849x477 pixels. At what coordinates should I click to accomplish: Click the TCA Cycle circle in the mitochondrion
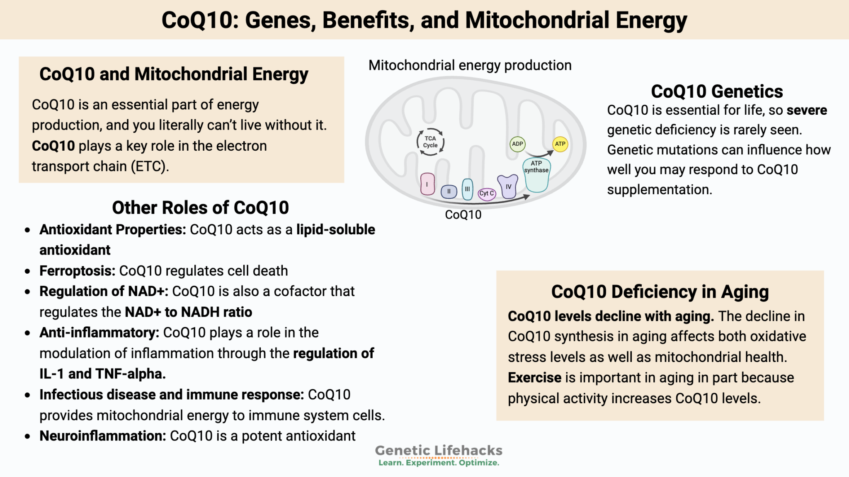(430, 142)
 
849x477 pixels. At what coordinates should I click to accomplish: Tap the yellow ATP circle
(560, 144)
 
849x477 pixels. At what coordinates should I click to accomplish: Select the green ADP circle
(517, 144)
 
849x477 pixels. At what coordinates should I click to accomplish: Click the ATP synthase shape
(536, 176)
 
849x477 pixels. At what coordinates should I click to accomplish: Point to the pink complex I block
(427, 184)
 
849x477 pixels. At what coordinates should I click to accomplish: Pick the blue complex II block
(449, 191)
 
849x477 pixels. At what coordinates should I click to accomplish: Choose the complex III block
(467, 189)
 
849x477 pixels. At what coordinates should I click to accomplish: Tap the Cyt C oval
(487, 193)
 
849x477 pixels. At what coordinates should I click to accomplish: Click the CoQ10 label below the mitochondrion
(463, 214)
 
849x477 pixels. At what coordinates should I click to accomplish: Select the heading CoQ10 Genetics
(717, 92)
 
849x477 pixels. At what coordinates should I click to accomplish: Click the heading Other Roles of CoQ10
(200, 207)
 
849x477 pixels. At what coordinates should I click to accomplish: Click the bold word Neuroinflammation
(102, 436)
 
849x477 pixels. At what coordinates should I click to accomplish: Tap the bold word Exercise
(534, 378)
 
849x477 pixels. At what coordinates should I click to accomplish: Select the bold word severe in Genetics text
(807, 110)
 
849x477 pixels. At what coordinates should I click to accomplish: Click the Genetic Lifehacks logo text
(438, 450)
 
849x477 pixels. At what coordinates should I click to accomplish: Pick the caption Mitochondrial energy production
(470, 65)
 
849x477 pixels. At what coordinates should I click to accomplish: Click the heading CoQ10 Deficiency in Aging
(660, 292)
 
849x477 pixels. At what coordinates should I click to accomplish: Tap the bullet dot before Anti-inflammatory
(27, 333)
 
